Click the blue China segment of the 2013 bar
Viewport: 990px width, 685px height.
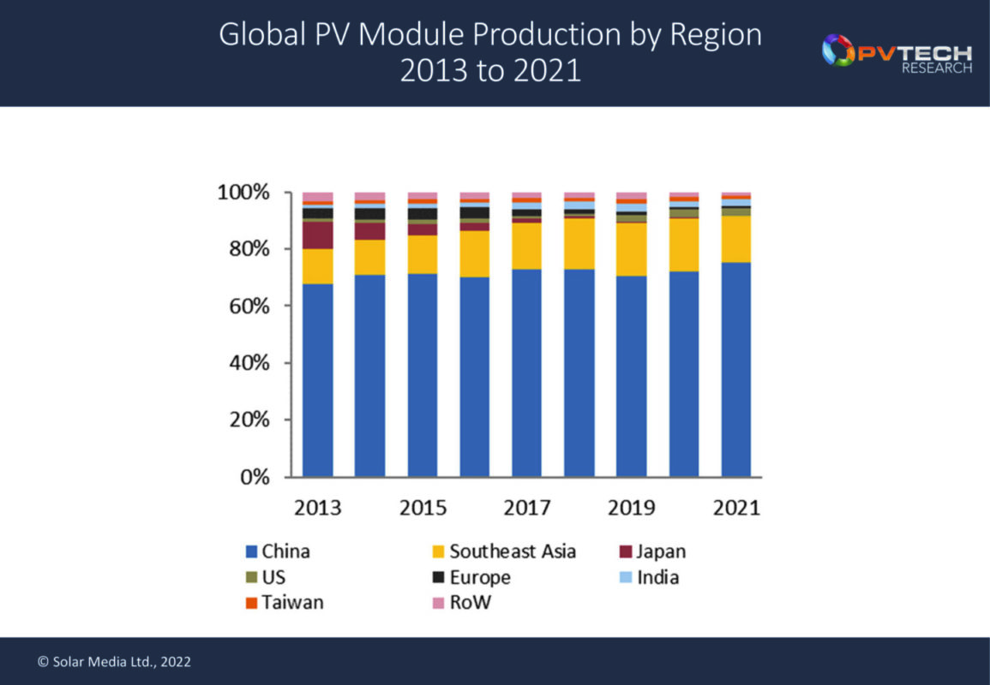[317, 380]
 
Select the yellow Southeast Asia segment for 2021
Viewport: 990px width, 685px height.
[736, 239]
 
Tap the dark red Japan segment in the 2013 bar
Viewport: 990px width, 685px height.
[317, 235]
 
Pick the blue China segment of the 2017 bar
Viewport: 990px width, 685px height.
[527, 373]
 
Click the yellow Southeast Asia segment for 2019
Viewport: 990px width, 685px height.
[632, 249]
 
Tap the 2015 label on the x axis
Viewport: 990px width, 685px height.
[423, 508]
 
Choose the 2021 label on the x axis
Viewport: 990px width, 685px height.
[736, 508]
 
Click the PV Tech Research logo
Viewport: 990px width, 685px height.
[897, 53]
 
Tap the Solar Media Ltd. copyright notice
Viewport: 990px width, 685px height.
[114, 662]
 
